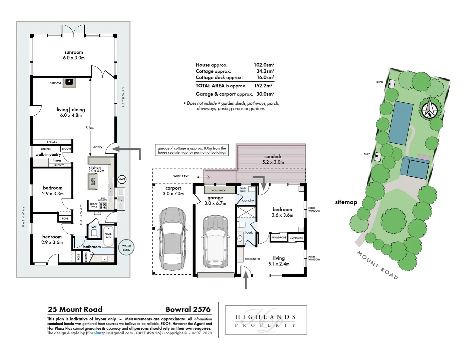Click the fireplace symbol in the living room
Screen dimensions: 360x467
pyautogui.click(x=69, y=82)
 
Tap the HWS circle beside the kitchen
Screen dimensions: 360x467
pyautogui.click(x=122, y=179)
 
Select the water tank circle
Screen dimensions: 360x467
pyautogui.click(x=126, y=248)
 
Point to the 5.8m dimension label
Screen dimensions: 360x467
pyautogui.click(x=89, y=128)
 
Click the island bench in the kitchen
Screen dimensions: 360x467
pyautogui.click(x=93, y=182)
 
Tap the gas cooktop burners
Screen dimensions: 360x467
pyautogui.click(x=103, y=205)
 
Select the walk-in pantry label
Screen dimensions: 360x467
pyautogui.click(x=48, y=155)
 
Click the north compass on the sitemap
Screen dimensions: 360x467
pyautogui.click(x=429, y=109)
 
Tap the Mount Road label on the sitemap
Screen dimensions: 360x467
pyautogui.click(x=377, y=265)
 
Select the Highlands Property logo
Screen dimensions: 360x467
pyautogui.click(x=266, y=320)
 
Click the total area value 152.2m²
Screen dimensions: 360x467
pyautogui.click(x=263, y=86)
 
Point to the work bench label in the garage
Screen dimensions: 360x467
pyautogui.click(x=218, y=191)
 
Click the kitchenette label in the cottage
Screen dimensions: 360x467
pyautogui.click(x=253, y=259)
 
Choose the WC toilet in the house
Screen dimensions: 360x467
pyautogui.click(x=94, y=232)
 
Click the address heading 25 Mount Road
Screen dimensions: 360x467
pyautogui.click(x=75, y=309)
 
